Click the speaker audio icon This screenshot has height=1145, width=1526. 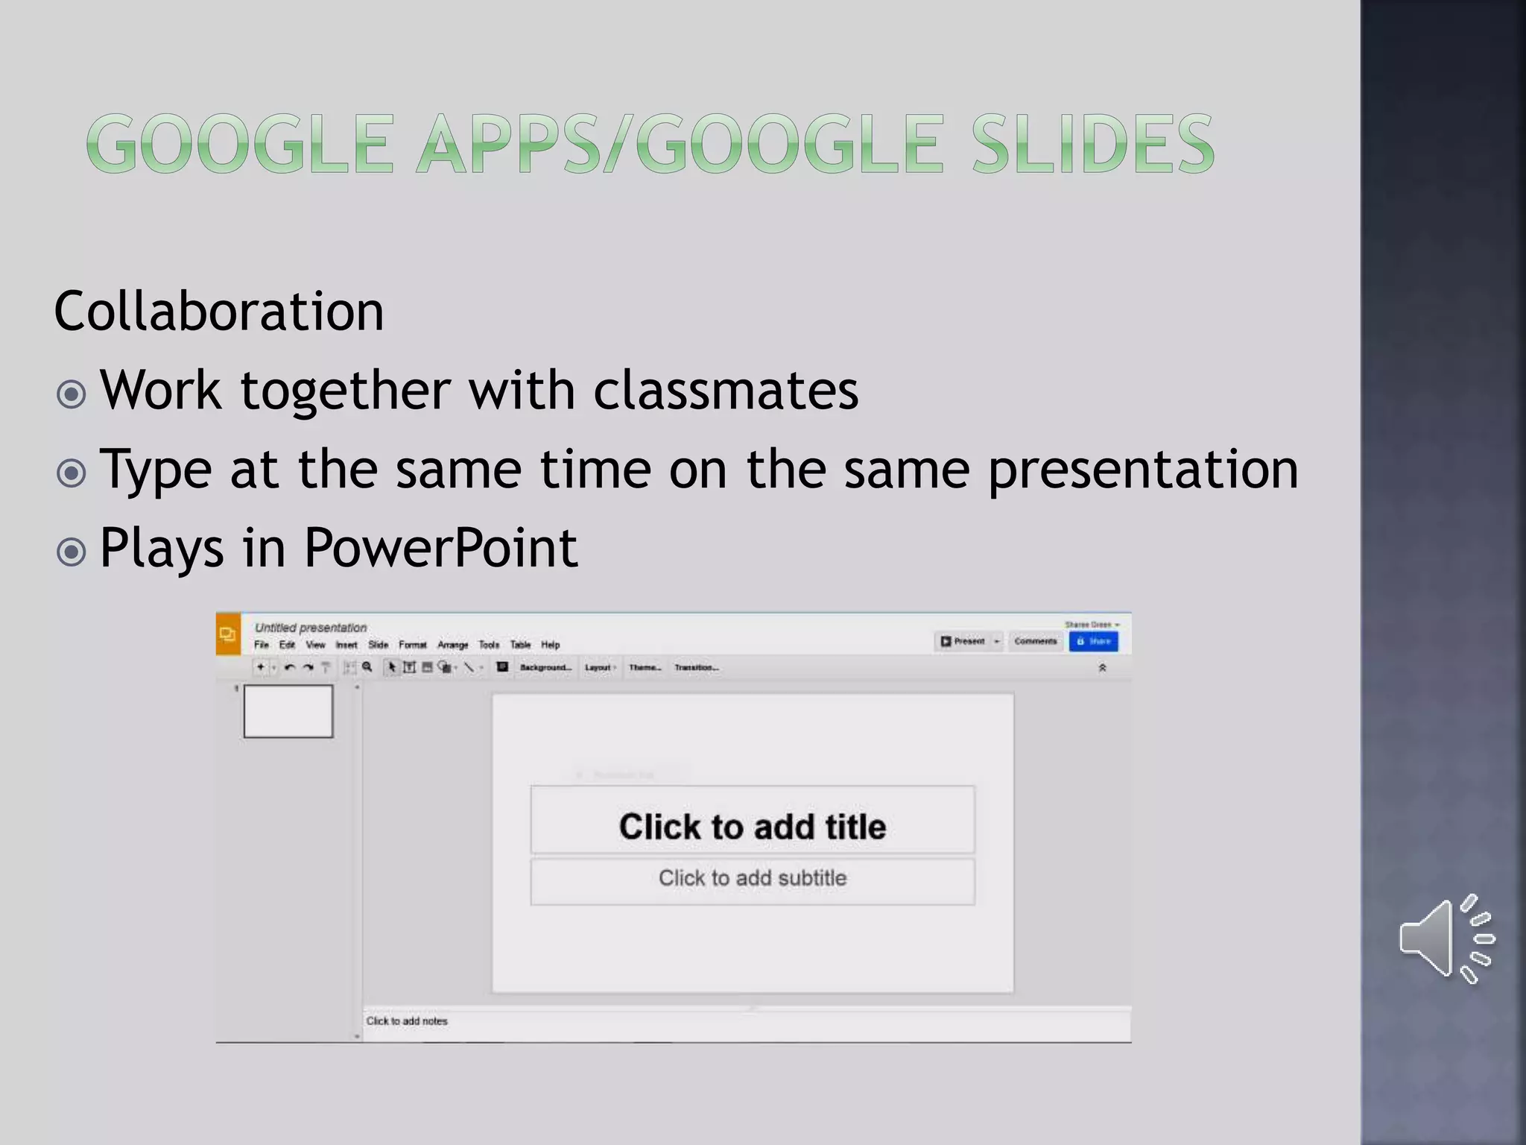point(1446,939)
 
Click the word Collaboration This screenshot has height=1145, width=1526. point(219,311)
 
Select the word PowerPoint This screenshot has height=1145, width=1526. point(440,548)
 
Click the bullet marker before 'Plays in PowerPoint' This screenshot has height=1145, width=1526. point(72,552)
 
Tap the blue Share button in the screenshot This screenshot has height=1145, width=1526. point(1093,641)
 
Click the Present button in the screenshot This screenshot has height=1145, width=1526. point(963,641)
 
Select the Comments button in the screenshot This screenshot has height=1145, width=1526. point(1035,641)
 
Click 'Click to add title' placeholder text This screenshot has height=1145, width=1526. point(753,827)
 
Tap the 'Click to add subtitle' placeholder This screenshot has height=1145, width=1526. point(753,878)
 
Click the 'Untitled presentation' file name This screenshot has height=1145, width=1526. point(311,628)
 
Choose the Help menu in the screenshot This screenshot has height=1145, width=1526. point(551,645)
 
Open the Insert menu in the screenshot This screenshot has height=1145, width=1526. point(346,645)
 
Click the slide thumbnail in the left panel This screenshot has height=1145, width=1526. point(288,712)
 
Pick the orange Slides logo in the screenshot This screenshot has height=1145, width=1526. point(228,634)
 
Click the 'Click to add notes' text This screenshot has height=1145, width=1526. point(407,1021)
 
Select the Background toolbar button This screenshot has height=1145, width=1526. point(545,668)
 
